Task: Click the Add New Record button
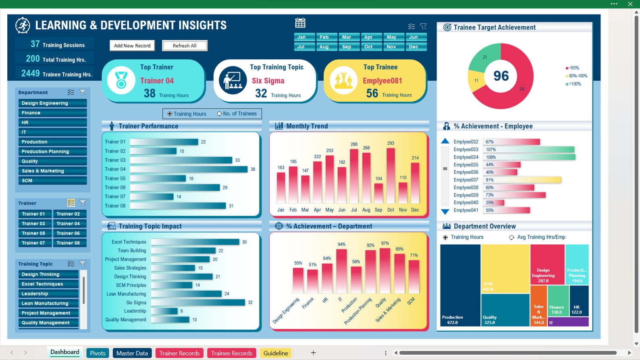pos(132,46)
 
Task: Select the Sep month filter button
pos(346,47)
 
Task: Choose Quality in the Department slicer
pos(52,161)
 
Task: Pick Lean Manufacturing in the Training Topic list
pos(48,303)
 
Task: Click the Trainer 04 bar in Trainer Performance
pos(189,169)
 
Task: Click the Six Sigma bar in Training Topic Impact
pos(198,302)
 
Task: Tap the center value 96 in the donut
pos(501,76)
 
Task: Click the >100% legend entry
pos(574,84)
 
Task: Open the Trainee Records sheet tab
pos(232,353)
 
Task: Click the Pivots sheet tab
pos(98,353)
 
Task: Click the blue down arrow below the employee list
pos(445,212)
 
